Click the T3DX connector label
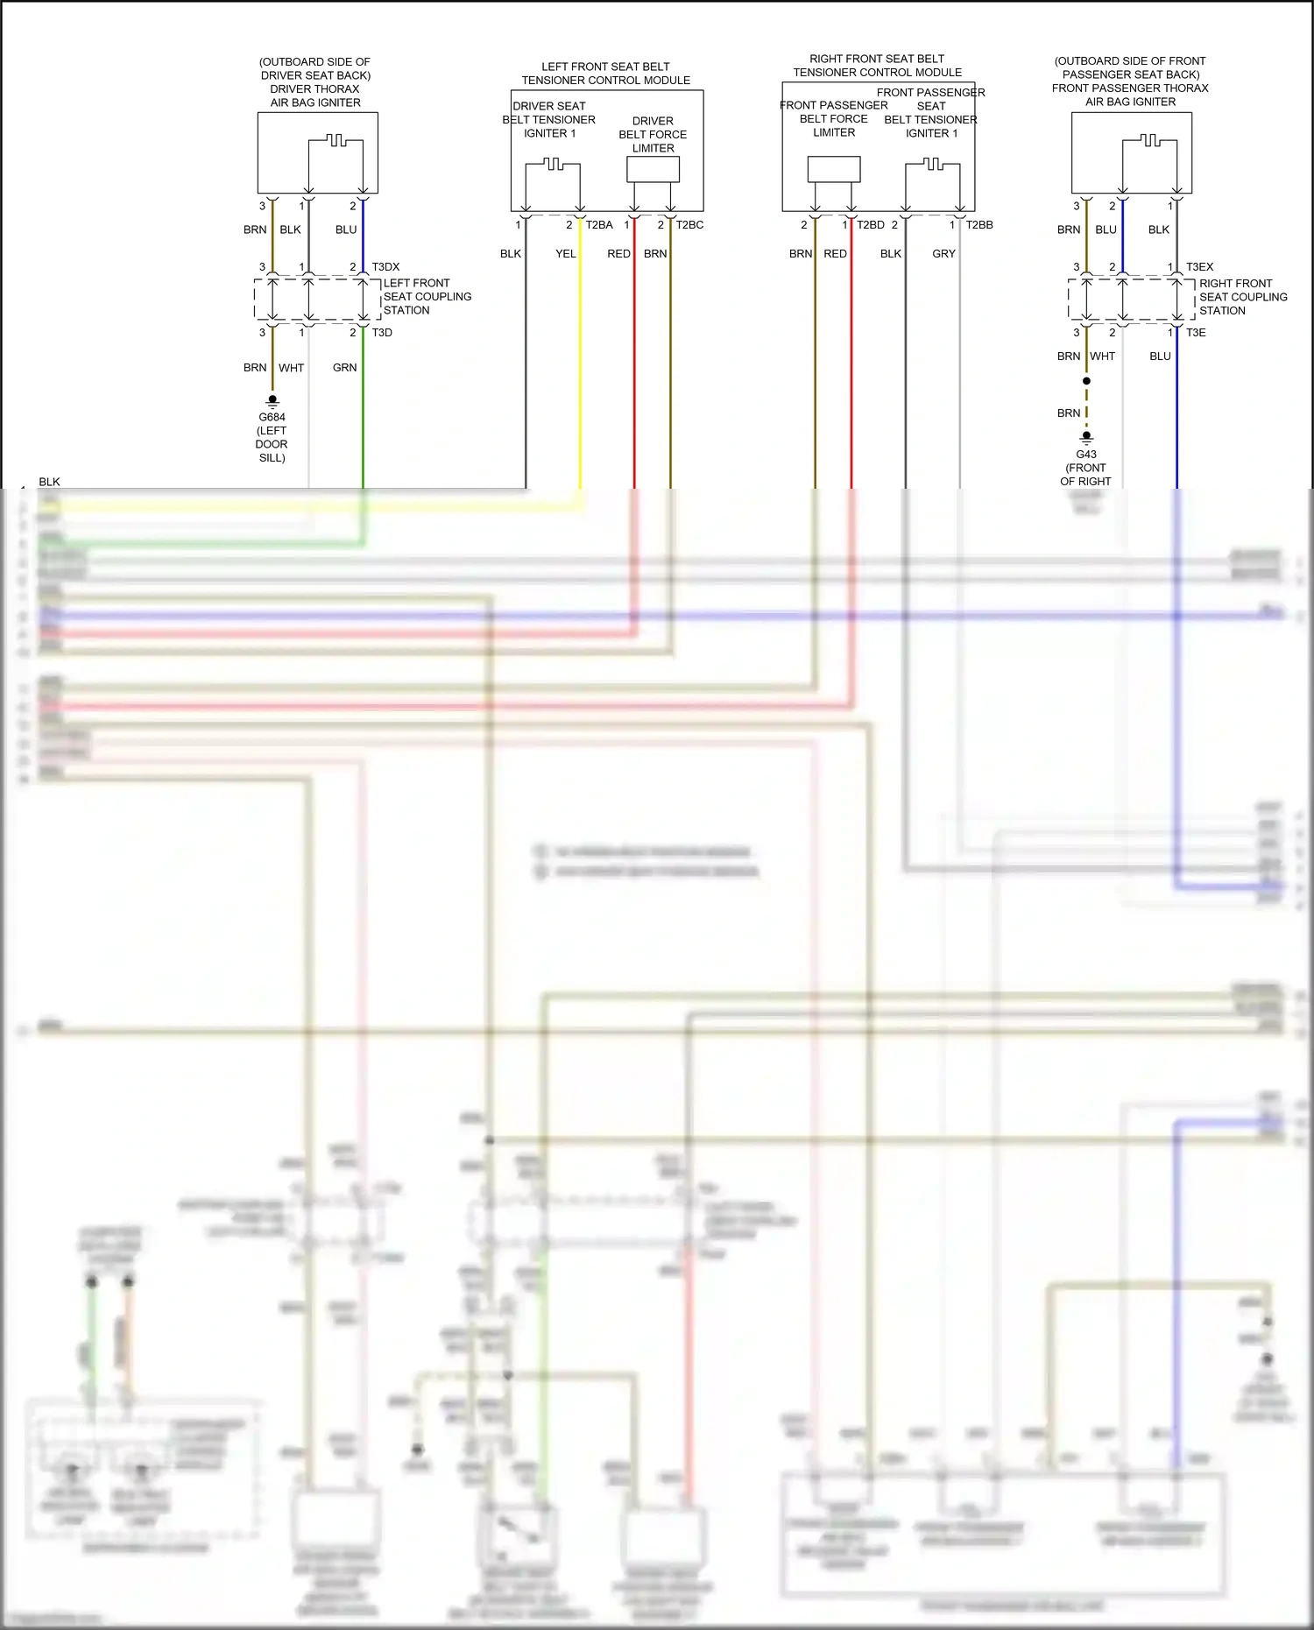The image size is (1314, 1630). tap(385, 267)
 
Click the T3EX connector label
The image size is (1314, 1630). tap(1199, 267)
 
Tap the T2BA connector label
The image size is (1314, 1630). tap(599, 225)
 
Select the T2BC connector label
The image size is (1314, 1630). tap(689, 225)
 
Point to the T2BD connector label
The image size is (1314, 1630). tap(871, 225)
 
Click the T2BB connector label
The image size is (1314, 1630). tap(979, 225)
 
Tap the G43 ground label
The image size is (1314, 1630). tap(1086, 455)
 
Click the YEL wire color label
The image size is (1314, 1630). tap(566, 254)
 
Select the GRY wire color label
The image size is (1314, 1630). tap(943, 254)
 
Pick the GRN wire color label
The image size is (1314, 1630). tap(344, 368)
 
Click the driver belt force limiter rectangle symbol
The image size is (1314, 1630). tap(653, 169)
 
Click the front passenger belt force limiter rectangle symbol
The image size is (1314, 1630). tap(833, 169)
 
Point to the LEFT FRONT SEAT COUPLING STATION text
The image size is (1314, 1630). tap(427, 297)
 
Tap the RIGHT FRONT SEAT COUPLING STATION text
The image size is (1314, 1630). tap(1242, 297)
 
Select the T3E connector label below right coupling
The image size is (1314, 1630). tap(1196, 333)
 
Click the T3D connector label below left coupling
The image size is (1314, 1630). tap(382, 333)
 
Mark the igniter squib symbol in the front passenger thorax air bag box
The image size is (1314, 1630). tap(1150, 141)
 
